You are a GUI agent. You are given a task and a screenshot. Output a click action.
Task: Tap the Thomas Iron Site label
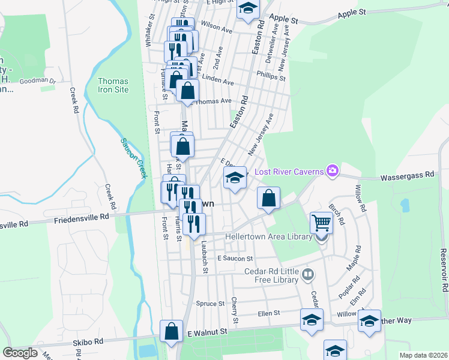click(x=113, y=85)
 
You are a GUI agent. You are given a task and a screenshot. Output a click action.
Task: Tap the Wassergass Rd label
click(x=408, y=175)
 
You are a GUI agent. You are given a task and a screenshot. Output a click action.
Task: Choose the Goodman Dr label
click(x=37, y=80)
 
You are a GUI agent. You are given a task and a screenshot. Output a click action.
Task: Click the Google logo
click(x=20, y=353)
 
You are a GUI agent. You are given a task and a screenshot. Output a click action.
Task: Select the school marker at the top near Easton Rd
click(x=247, y=8)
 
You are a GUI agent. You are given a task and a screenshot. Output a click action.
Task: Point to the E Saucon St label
click(x=236, y=258)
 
